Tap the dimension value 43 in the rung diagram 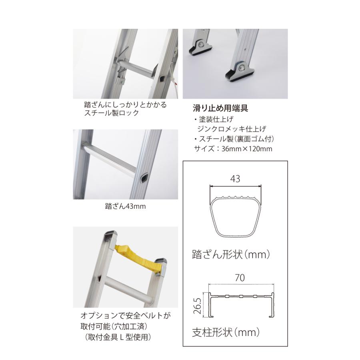(x=235, y=179)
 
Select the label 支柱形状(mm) (x=226, y=332)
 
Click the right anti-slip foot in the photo (x=241, y=71)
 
